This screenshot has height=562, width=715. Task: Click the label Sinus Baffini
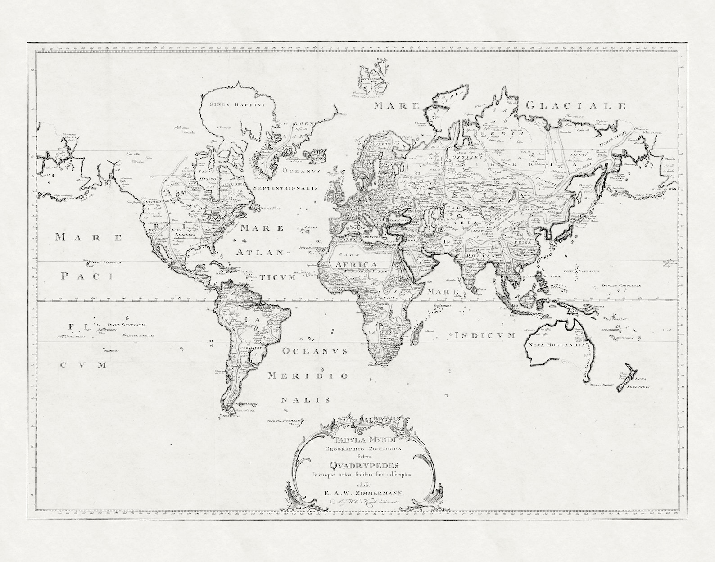236,104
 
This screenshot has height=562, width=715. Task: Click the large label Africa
353,264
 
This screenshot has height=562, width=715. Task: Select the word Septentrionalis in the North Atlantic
285,188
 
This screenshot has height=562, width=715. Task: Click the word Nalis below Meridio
306,399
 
